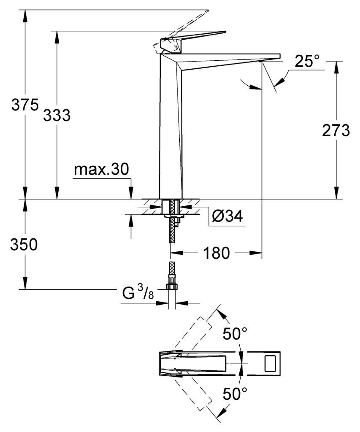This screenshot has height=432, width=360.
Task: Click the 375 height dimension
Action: pos(25,105)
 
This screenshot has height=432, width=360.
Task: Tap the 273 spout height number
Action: pos(336,130)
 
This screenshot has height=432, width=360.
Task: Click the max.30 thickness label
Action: pos(101,170)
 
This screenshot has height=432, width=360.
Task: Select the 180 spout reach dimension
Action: pos(217,253)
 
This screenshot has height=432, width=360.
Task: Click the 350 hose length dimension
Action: pos(24,244)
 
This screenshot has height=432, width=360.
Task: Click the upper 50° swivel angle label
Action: pos(235,334)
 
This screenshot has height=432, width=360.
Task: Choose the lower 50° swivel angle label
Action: pos(235,394)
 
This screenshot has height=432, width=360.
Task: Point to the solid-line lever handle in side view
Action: pos(193,41)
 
